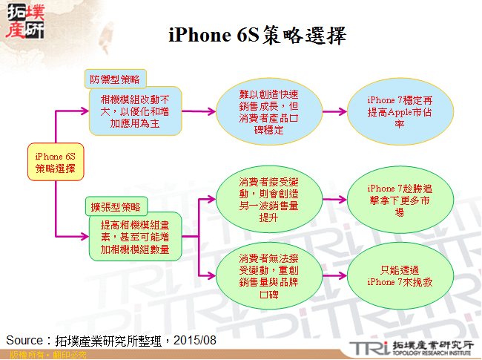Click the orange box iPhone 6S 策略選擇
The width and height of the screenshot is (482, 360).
[56, 162]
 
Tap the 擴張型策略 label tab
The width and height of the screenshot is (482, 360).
[115, 206]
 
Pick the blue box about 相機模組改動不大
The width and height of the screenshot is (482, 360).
[134, 111]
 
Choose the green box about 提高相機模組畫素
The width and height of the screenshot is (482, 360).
[134, 236]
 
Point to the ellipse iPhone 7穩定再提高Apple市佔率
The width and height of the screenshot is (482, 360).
[400, 112]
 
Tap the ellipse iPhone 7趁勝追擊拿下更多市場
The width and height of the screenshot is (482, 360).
[400, 200]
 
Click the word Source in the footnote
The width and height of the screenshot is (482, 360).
[23, 340]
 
